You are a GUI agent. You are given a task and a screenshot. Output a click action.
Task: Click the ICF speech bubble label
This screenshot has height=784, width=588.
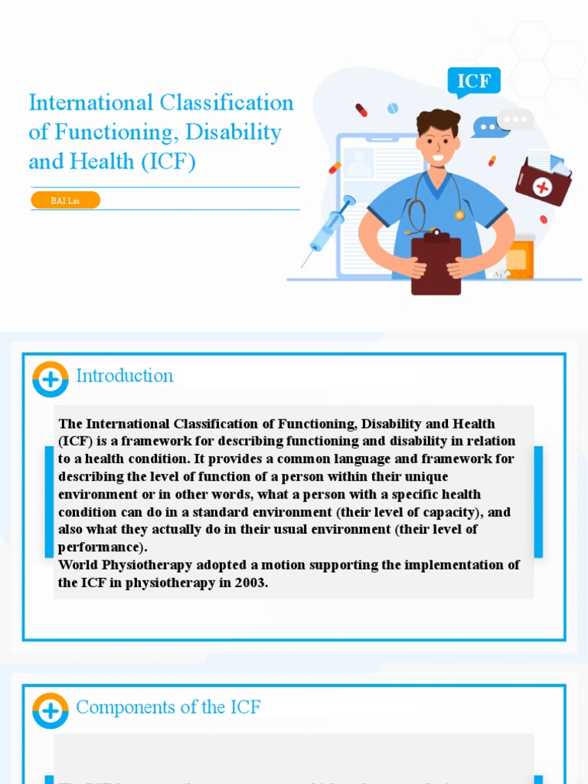click(x=474, y=81)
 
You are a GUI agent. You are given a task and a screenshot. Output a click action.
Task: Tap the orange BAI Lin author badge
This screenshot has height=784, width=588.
click(x=66, y=200)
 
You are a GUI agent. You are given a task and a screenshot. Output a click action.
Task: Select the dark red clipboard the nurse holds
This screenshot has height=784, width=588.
click(x=436, y=265)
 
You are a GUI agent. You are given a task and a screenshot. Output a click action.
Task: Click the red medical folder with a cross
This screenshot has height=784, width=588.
click(x=543, y=182)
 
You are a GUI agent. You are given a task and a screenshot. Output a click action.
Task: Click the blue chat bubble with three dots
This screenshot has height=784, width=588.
click(x=487, y=126)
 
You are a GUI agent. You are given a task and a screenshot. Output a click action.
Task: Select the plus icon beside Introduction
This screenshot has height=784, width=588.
click(x=51, y=378)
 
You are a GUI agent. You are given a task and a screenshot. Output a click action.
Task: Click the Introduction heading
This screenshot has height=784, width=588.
click(x=125, y=376)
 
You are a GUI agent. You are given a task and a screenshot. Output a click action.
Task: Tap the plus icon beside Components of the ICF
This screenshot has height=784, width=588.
click(x=51, y=710)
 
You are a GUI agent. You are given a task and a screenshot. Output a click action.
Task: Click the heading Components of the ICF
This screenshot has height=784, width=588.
click(x=168, y=707)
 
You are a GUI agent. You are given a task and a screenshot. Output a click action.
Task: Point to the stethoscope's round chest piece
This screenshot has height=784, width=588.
click(x=459, y=215)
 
